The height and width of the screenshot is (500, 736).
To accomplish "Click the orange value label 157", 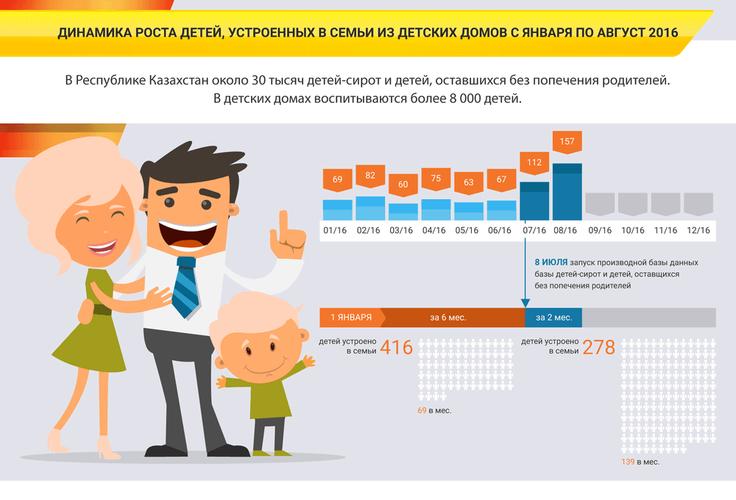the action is click(567, 142).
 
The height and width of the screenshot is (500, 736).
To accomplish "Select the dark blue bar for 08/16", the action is click(567, 192).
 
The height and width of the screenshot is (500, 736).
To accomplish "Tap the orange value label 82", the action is click(370, 176).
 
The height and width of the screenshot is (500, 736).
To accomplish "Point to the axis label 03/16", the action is click(401, 230).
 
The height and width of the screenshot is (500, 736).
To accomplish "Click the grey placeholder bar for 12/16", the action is click(698, 204).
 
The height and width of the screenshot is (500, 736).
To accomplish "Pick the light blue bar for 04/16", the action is click(436, 210).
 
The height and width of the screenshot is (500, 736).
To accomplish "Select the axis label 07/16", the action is click(534, 230).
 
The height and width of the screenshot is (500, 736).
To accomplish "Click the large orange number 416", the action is click(397, 348).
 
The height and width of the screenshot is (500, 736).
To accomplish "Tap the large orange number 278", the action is click(598, 348).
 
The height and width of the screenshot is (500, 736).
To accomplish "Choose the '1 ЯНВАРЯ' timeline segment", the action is click(352, 318).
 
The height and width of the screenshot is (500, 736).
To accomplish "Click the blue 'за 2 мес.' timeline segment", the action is click(553, 318).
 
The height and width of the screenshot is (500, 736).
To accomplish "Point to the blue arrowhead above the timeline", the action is click(526, 303).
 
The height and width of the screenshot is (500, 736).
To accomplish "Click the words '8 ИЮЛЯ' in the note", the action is click(551, 262).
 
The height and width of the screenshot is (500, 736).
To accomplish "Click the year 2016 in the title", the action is click(663, 33).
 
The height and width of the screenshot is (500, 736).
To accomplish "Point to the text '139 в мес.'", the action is click(640, 462).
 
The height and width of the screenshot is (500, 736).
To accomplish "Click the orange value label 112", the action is click(534, 163).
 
